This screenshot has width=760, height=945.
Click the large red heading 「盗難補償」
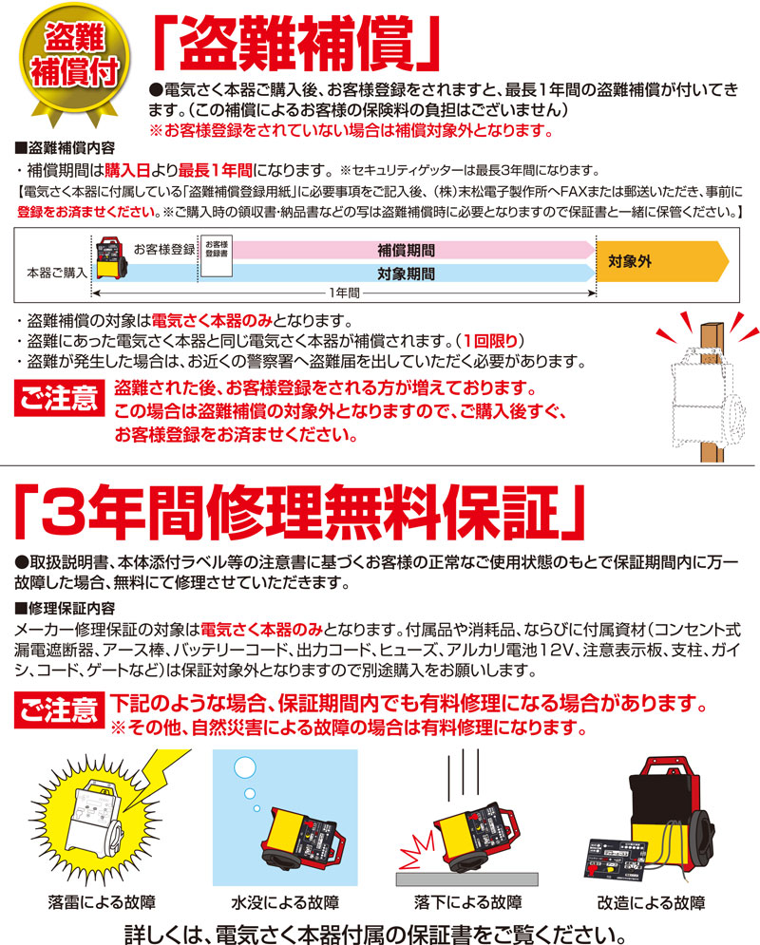(302, 43)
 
